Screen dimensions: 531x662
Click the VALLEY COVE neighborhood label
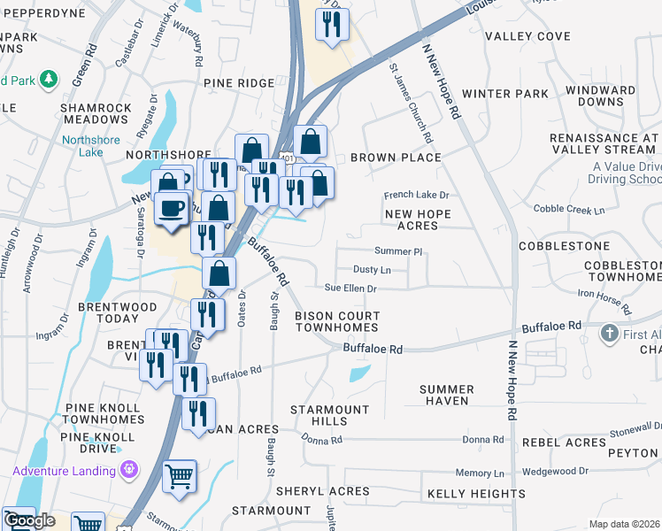tap(528, 36)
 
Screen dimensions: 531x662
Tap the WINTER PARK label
tap(505, 94)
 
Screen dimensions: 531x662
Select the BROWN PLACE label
tap(396, 158)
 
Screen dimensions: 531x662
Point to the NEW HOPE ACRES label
tap(418, 220)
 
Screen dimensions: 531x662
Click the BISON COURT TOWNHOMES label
tap(337, 322)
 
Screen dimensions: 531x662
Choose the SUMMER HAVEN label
tap(447, 395)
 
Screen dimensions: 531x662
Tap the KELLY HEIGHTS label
tap(476, 493)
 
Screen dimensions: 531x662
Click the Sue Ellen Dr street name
tap(350, 289)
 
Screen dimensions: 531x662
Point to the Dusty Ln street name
tap(372, 269)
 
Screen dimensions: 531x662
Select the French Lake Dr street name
tap(416, 195)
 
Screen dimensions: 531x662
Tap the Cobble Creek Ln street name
tap(569, 210)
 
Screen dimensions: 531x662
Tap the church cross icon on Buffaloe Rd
tap(607, 334)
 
